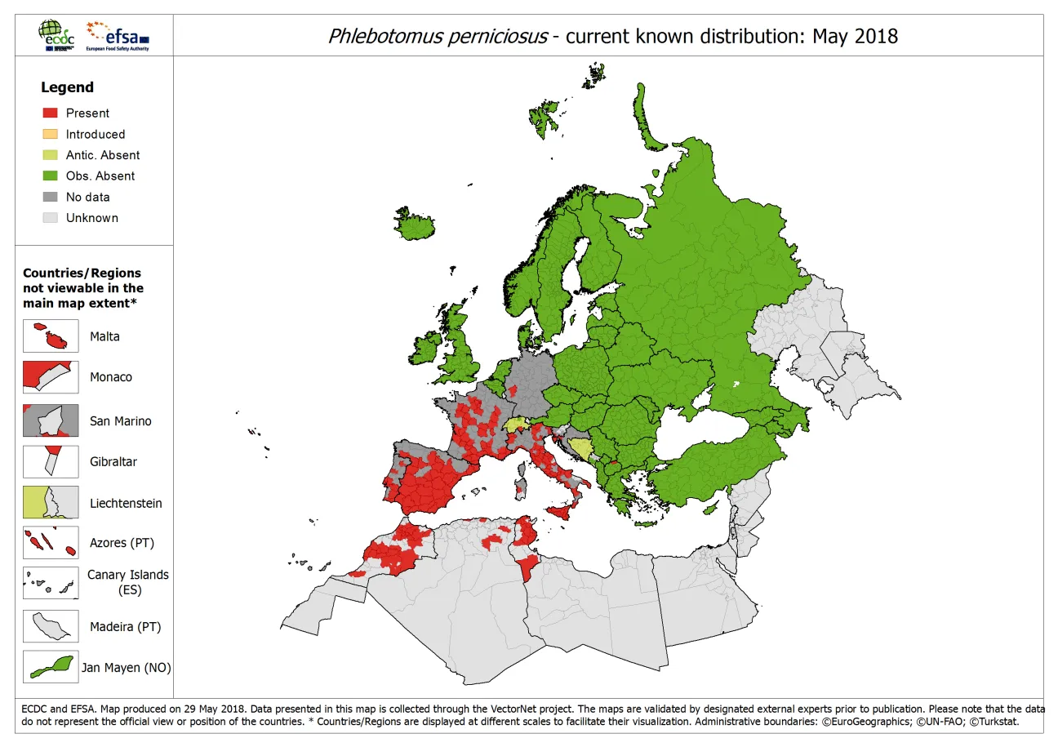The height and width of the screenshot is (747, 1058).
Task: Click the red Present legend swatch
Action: [50, 113]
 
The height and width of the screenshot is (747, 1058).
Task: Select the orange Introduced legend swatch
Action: [50, 134]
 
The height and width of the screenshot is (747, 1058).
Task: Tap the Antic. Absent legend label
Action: [102, 155]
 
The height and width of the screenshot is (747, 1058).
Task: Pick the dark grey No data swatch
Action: [50, 197]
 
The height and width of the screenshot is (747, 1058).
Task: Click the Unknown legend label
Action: [91, 218]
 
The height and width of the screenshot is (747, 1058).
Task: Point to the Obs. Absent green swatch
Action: [50, 176]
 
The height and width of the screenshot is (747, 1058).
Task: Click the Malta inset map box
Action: [51, 336]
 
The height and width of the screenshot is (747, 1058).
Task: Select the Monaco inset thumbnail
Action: [51, 378]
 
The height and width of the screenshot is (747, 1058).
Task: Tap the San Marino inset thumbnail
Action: [51, 420]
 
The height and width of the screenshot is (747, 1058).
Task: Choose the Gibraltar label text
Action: [113, 462]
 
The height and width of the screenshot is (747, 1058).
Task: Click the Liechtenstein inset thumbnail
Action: [51, 503]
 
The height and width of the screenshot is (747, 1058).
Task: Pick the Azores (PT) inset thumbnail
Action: [51, 543]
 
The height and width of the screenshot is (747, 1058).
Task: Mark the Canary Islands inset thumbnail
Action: [51, 583]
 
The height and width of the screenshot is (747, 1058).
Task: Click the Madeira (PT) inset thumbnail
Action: [51, 627]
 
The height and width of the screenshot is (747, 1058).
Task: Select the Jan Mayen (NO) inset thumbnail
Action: [51, 666]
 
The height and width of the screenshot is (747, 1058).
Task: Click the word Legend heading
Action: [67, 87]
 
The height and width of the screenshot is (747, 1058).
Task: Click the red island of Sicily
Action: [564, 511]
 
